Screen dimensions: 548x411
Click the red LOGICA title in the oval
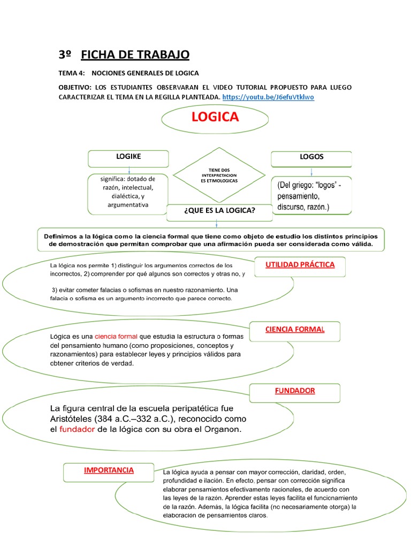[x=215, y=117]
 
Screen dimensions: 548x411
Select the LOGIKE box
[x=128, y=158]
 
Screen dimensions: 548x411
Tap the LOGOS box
[x=311, y=158]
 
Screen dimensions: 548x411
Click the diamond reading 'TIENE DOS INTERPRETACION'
[x=219, y=175]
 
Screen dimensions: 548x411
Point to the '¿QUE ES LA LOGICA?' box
[x=219, y=211]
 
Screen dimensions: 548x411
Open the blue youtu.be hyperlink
[x=268, y=97]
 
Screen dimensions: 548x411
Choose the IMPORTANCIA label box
[x=109, y=471]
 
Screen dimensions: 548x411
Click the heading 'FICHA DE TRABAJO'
[x=135, y=55]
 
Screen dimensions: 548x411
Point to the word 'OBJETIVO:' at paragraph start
[x=75, y=87]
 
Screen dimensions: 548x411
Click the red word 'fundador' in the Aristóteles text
[x=77, y=430]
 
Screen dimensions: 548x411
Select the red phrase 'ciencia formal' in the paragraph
[x=116, y=337]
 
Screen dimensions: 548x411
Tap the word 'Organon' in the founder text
[x=219, y=430]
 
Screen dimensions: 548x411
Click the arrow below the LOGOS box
[x=311, y=172]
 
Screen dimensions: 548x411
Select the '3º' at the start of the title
[x=65, y=55]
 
